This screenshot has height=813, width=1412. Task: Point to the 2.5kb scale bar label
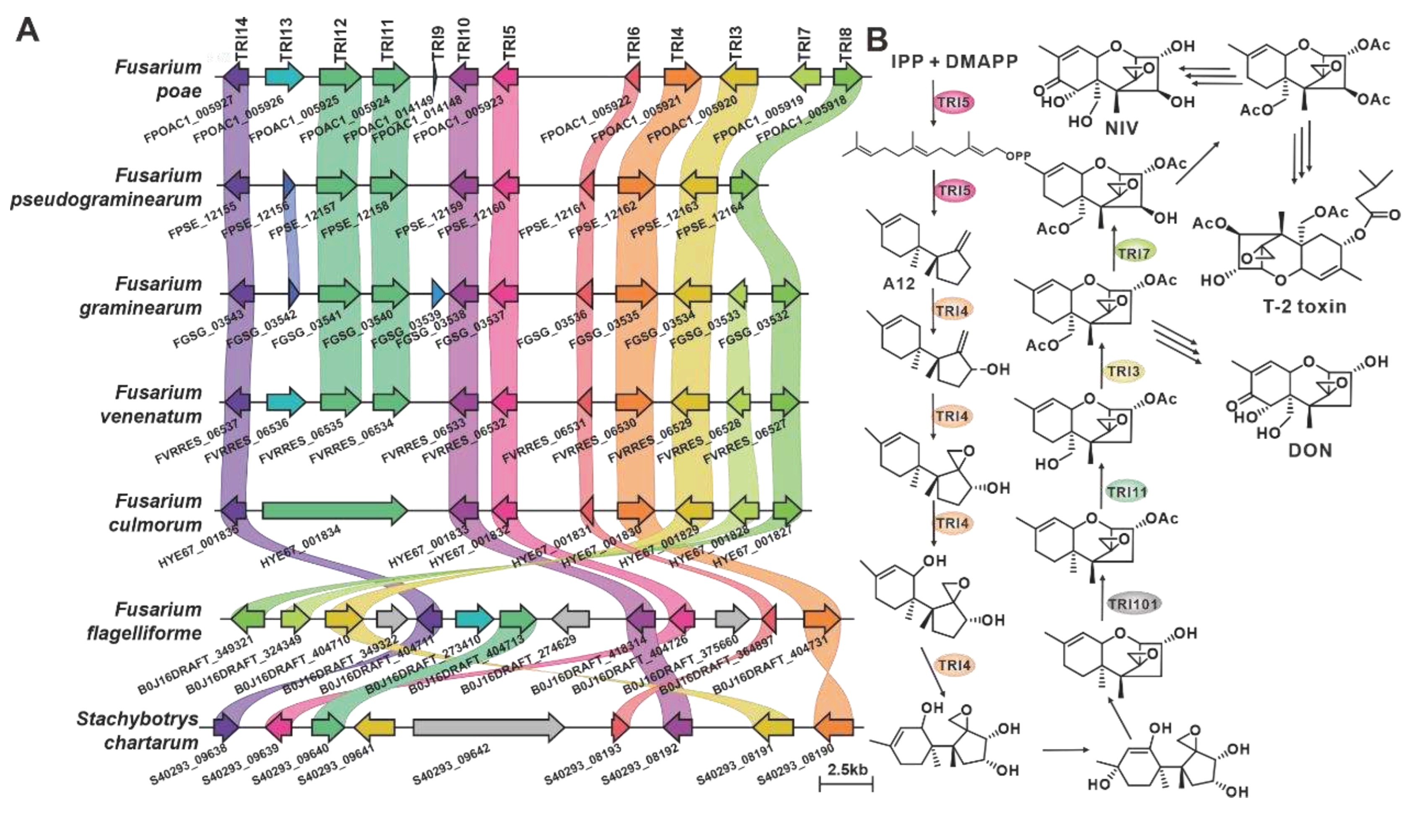[x=847, y=769]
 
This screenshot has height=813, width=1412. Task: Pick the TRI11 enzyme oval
[x=1127, y=492]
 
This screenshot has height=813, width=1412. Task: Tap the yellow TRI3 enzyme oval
[x=1124, y=371]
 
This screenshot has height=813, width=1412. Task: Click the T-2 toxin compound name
[x=1304, y=306]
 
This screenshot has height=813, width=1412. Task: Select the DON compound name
[x=1310, y=450]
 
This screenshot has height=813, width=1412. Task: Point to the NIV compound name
[x=1121, y=128]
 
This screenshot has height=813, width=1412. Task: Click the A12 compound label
[x=899, y=284]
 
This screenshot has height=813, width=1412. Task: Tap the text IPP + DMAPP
[x=954, y=62]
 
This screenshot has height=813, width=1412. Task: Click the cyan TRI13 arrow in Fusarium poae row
[x=284, y=77]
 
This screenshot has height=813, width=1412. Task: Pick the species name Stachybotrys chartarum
[x=138, y=730]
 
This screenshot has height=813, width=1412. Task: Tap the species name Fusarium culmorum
[x=155, y=513]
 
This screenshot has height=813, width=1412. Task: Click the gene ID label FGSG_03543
[x=208, y=329]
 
